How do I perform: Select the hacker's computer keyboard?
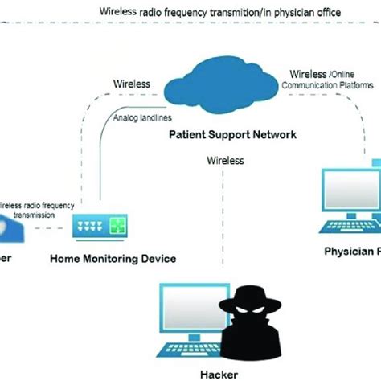[186, 351]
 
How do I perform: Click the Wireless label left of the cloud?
[131, 83]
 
